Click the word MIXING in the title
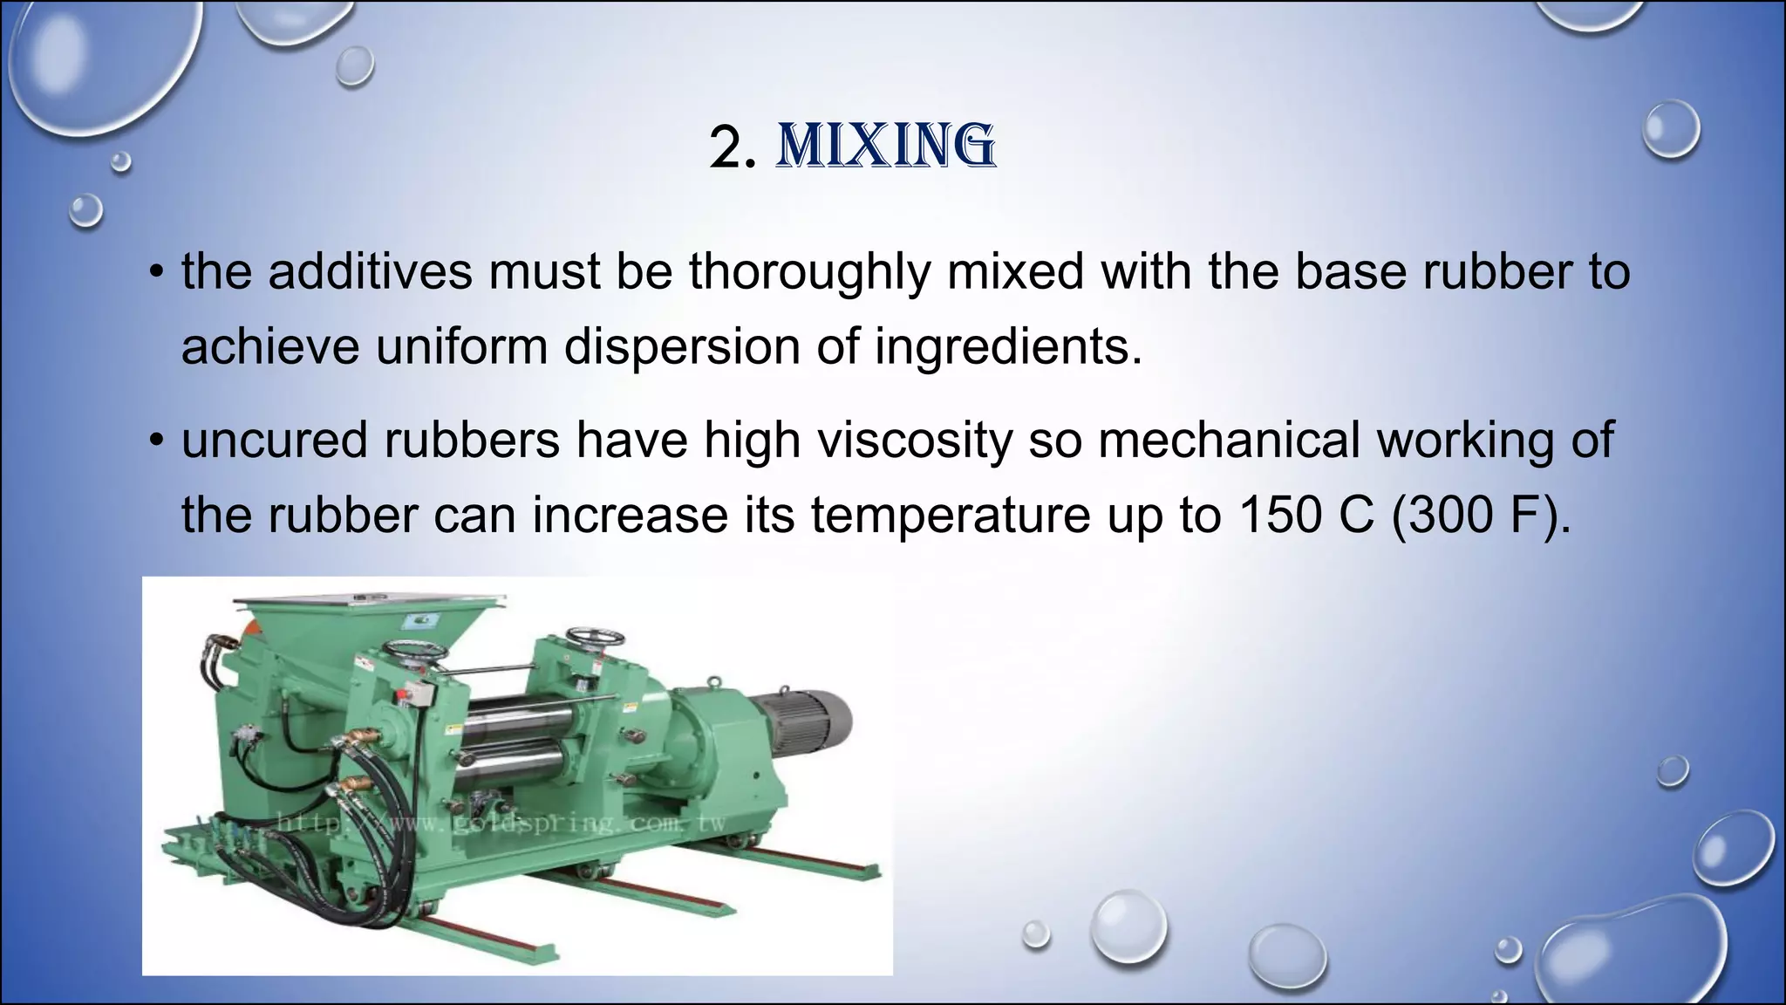pyautogui.click(x=886, y=147)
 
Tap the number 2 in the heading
pyautogui.click(x=726, y=148)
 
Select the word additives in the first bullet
pyautogui.click(x=370, y=271)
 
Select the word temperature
pyautogui.click(x=951, y=515)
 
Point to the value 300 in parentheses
pyautogui.click(x=1449, y=515)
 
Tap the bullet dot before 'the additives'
pyautogui.click(x=156, y=272)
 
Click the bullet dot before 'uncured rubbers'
pyautogui.click(x=156, y=440)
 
